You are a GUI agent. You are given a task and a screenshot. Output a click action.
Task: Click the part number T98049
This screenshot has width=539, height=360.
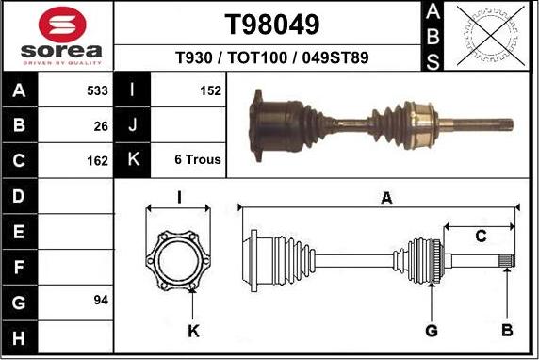pos(272,24)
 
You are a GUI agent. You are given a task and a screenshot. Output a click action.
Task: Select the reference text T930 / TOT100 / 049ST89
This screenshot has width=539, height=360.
pos(272,58)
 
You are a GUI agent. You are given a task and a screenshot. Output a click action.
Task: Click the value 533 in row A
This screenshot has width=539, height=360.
pos(97,91)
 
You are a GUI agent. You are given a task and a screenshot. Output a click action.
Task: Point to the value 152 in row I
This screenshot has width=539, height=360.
pos(210,91)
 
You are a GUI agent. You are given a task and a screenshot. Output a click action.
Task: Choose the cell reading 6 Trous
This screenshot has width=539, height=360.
pos(198,160)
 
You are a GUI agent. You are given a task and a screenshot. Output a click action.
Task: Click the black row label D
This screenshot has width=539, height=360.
pos(18,196)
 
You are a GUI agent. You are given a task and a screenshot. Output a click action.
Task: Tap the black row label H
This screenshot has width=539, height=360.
pos(18,335)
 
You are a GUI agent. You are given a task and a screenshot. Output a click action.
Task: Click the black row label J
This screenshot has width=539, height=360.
pos(132,125)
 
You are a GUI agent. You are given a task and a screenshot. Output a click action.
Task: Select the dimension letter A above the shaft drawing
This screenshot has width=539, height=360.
pos(385,198)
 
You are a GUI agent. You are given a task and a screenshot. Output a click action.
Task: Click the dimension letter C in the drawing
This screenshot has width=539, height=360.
pos(480,236)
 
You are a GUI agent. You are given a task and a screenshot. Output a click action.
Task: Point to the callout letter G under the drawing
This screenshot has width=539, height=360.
pos(431,330)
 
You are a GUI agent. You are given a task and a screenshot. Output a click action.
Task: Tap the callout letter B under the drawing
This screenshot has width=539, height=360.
pos(506,330)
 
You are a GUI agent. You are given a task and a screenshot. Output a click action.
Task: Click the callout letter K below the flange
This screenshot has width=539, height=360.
pos(193,330)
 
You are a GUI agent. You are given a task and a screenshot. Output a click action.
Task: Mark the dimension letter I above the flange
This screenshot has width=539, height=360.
pos(179,197)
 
